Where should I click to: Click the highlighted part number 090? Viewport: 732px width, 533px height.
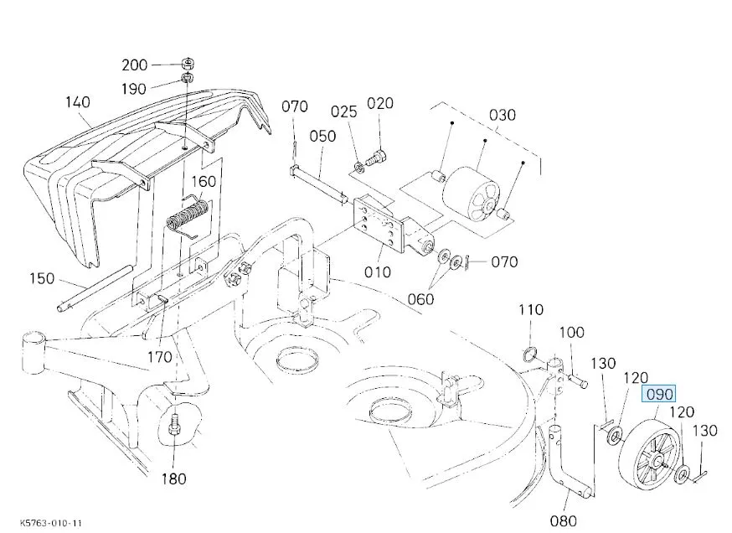coord(659,395)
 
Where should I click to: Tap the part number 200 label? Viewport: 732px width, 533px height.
coord(135,65)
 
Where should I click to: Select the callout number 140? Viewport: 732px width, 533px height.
coord(78,102)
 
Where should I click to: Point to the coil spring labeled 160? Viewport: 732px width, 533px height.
coord(186,216)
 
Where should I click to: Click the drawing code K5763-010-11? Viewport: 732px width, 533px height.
coord(51,523)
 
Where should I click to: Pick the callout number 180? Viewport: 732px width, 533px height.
coord(173,479)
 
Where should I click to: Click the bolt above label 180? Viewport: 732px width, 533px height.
coord(174,424)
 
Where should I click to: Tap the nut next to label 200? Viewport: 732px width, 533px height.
coord(188,63)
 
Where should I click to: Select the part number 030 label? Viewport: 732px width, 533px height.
coord(503,115)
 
